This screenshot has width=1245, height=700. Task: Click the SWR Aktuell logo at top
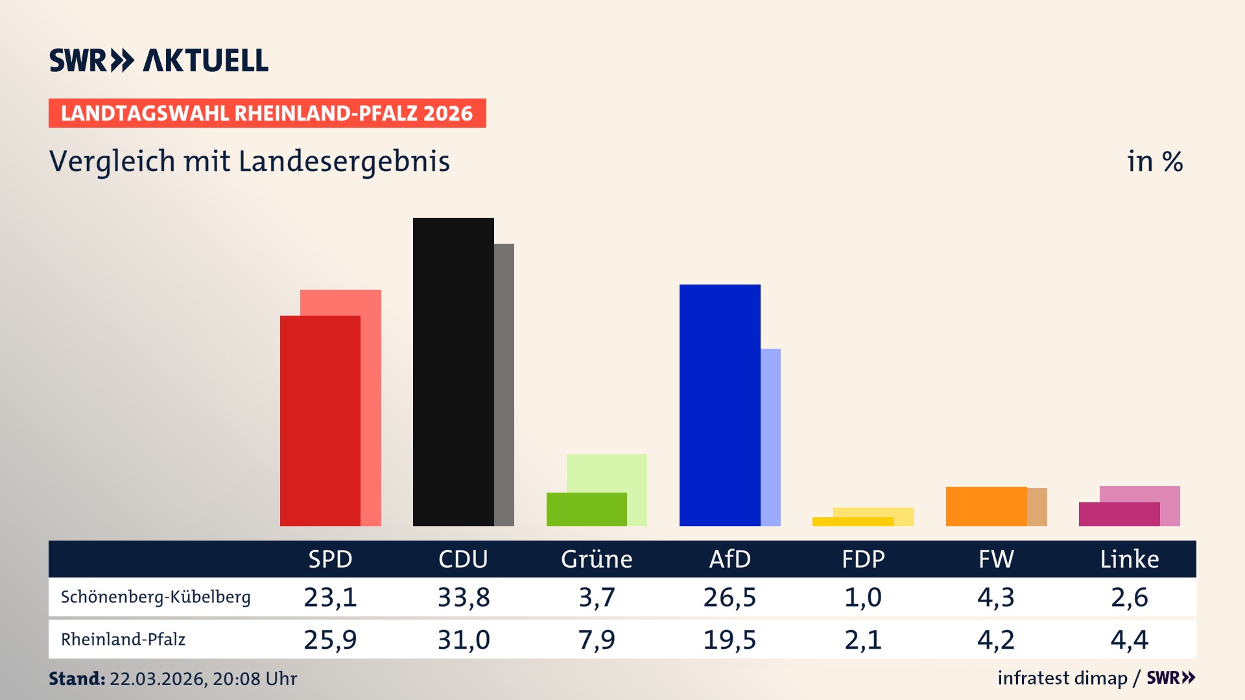coord(158,60)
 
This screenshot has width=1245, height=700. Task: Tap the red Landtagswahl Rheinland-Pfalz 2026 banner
coord(267,113)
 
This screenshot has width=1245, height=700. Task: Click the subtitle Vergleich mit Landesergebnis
coord(249,161)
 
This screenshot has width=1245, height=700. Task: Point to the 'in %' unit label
coord(1154,161)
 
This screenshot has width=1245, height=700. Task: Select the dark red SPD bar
coord(320,421)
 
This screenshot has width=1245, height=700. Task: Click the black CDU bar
coord(453,373)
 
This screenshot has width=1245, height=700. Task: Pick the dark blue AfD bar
coord(720,405)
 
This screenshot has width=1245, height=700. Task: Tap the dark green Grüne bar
coord(586,509)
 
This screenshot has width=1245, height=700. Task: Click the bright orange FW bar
coord(986,506)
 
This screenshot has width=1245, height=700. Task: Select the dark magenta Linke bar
coord(1119,514)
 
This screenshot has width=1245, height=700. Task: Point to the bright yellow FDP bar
coord(852,522)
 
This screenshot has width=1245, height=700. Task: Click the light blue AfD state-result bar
coord(770,437)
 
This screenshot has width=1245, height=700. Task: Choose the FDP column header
coord(863,559)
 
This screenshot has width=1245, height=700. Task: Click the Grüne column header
coord(597,559)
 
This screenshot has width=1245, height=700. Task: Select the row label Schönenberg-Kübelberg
coord(156,597)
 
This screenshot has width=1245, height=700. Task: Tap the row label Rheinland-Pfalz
coord(123,640)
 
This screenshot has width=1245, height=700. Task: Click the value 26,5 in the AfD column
coord(729,597)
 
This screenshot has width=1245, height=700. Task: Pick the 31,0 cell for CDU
coord(464,640)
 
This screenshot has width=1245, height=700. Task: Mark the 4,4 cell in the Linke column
coord(1129,640)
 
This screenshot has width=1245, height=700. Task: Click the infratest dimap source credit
coord(1062,678)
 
